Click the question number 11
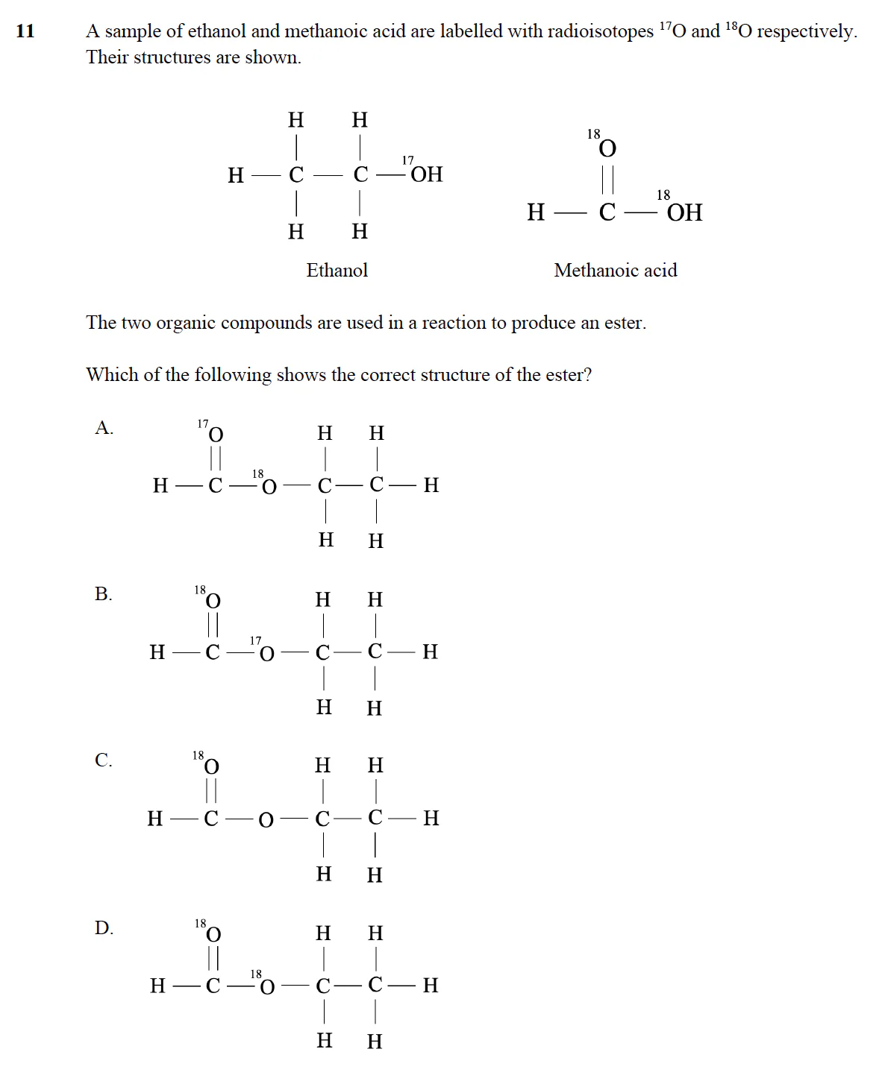(x=25, y=31)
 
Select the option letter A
(x=104, y=428)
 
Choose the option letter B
(x=103, y=594)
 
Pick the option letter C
(x=103, y=760)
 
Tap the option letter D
(x=104, y=928)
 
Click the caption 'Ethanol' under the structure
(x=337, y=270)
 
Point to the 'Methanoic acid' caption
(x=615, y=270)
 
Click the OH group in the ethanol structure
(x=426, y=174)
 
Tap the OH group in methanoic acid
(x=684, y=213)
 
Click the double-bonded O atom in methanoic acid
(x=608, y=149)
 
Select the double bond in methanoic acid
(x=608, y=180)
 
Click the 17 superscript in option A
(x=203, y=423)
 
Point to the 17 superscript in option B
(x=256, y=640)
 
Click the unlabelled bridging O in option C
(x=266, y=820)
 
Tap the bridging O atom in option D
(x=266, y=987)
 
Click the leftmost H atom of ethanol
(x=236, y=175)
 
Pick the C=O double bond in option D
(x=213, y=959)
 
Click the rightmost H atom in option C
(x=431, y=819)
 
